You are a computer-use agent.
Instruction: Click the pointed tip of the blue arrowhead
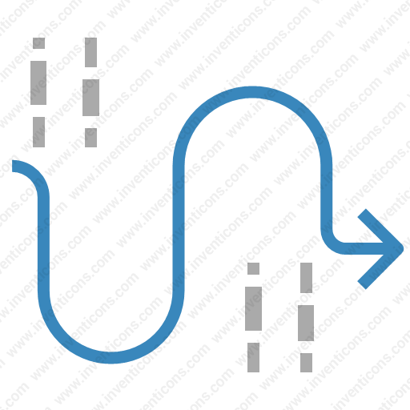click(x=402, y=249)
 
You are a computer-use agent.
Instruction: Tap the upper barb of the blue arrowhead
click(x=380, y=228)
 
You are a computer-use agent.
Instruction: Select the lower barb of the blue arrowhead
click(x=380, y=269)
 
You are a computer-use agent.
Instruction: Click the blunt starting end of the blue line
click(x=13, y=166)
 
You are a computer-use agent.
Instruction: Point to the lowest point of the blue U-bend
click(x=111, y=358)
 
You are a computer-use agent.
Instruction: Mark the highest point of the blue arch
click(x=252, y=92)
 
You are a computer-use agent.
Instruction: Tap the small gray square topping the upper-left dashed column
click(x=38, y=43)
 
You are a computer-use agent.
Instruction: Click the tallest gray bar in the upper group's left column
click(x=38, y=82)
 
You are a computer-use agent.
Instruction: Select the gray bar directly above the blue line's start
click(x=38, y=132)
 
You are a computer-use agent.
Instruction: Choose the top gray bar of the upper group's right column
click(x=90, y=52)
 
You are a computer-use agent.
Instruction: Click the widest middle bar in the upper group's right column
click(x=90, y=98)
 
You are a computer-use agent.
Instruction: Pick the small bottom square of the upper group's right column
click(x=90, y=138)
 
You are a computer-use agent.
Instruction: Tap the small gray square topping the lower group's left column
click(x=253, y=268)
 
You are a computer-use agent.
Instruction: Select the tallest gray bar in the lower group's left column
click(x=253, y=308)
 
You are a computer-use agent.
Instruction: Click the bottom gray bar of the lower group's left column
click(x=253, y=357)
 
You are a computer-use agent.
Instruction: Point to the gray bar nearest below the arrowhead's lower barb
click(x=306, y=278)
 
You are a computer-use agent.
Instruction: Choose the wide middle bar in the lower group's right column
click(x=306, y=323)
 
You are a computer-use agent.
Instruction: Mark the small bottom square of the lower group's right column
click(x=306, y=363)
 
